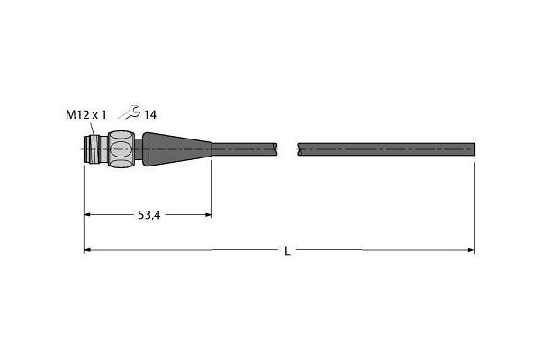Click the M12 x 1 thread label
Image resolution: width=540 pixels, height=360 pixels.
tap(86, 114)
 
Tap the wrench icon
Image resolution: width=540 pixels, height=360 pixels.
tap(130, 112)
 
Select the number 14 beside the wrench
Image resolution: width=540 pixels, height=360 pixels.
tap(150, 115)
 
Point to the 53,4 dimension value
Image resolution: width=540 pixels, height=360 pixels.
tap(149, 215)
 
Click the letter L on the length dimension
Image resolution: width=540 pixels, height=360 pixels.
tap(287, 251)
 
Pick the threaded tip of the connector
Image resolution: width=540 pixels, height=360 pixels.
tap(92, 149)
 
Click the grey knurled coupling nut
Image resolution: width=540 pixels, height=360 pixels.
tap(121, 149)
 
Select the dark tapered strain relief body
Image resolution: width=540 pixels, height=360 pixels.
tap(177, 149)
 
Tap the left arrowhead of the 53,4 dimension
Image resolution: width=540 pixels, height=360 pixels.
tap(87, 215)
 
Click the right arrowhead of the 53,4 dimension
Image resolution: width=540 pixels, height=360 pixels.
tap(209, 215)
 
